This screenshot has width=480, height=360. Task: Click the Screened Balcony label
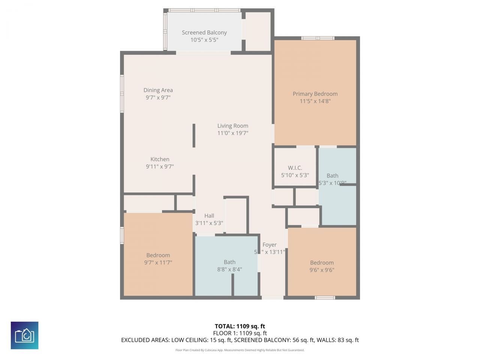point(204,33)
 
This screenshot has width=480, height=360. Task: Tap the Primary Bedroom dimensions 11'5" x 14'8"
point(315,101)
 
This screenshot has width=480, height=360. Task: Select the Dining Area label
point(158,90)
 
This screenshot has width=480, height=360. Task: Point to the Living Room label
point(232,126)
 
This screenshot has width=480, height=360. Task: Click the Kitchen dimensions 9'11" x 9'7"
point(160,166)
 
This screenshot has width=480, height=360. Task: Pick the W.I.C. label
point(295,168)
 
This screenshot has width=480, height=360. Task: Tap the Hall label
point(209,216)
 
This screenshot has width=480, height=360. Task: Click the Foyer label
point(269,244)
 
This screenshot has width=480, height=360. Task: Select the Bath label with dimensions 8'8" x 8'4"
point(229,262)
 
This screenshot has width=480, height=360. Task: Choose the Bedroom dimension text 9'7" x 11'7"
point(158,262)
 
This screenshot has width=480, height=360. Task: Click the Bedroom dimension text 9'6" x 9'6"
point(322,270)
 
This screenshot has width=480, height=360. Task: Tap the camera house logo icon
point(24,335)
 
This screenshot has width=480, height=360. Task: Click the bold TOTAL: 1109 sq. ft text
point(240,326)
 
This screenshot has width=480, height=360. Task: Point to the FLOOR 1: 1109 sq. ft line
point(240,333)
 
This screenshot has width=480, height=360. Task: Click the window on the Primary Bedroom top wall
point(318,38)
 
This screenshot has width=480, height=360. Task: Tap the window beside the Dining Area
point(122,93)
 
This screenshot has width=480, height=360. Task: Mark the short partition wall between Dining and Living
point(194,136)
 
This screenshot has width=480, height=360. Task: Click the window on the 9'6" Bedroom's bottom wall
point(324,298)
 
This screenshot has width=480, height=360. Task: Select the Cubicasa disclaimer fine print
point(240,350)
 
